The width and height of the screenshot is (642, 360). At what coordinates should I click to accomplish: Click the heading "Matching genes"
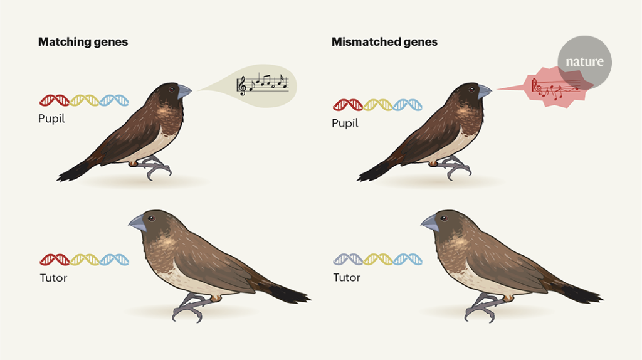(x=83, y=42)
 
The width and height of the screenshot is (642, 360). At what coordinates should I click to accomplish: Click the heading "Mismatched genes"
(x=384, y=42)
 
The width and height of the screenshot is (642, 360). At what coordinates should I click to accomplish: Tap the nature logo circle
(x=584, y=61)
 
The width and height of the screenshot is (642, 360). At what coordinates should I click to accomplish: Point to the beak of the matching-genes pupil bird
(x=184, y=92)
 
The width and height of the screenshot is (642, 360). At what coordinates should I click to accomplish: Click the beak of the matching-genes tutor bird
(x=137, y=221)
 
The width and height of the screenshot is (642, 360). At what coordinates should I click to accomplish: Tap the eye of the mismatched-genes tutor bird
(x=444, y=218)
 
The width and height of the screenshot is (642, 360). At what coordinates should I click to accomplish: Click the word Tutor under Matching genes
(x=53, y=278)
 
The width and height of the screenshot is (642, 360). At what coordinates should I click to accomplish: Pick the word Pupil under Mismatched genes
(x=345, y=123)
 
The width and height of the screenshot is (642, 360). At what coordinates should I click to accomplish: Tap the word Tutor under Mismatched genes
(x=346, y=277)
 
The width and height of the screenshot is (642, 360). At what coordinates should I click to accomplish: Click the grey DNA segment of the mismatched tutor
(x=347, y=259)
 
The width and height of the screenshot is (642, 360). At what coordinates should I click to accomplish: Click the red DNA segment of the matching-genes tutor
(x=55, y=259)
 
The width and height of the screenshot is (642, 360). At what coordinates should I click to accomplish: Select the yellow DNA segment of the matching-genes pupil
(x=85, y=100)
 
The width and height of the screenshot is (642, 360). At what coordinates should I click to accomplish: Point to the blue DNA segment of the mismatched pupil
(x=408, y=105)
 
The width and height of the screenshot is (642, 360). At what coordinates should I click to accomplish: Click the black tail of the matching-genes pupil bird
(x=74, y=170)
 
